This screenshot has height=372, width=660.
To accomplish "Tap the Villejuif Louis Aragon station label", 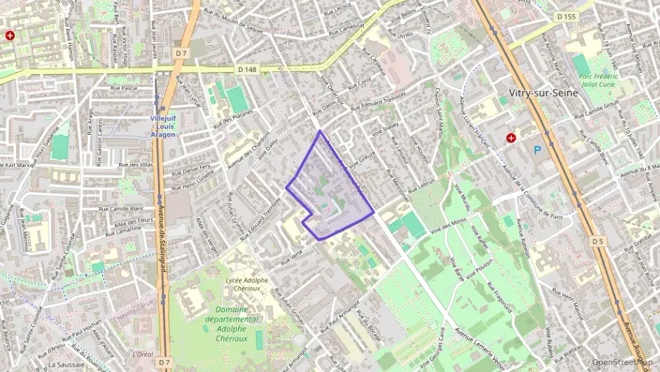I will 166,126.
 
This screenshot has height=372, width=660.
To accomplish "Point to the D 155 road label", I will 566,16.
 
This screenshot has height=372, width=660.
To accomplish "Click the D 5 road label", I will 598,241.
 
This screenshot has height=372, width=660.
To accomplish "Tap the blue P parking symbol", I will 537,150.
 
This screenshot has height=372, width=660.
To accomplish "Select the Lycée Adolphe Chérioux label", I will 245,284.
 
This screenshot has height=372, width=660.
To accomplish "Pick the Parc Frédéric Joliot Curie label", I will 597,80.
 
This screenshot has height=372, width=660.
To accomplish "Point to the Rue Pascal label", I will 123,88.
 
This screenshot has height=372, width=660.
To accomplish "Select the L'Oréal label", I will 143,354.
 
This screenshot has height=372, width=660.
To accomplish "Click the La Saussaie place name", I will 66,365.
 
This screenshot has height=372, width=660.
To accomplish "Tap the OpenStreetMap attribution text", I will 622,362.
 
